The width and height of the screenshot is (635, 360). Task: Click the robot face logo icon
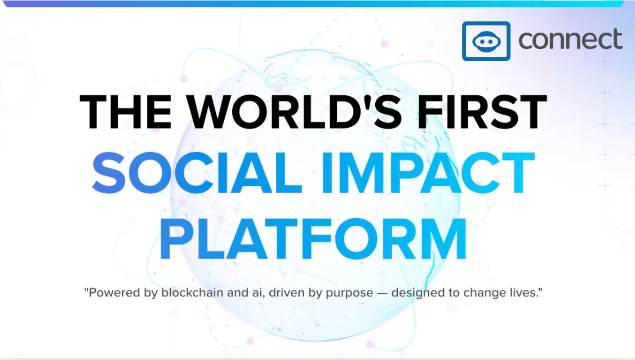pyautogui.click(x=486, y=41)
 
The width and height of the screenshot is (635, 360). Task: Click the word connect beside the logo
pyautogui.click(x=570, y=39)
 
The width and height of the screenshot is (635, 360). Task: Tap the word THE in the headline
pyautogui.click(x=126, y=112)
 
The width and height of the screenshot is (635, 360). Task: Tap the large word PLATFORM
pyautogui.click(x=313, y=239)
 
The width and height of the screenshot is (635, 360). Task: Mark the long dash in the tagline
pyautogui.click(x=382, y=293)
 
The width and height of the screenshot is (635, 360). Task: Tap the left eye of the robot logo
pyautogui.click(x=480, y=41)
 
